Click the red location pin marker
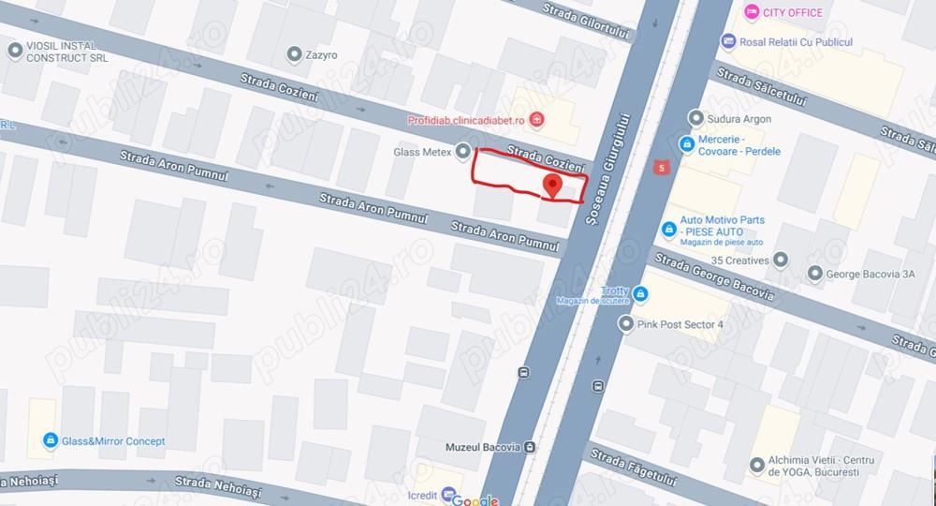coord(552,185)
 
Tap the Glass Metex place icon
coord(462,152)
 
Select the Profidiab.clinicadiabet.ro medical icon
coord(536,119)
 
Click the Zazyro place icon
coord(295,54)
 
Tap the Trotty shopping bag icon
coord(640,295)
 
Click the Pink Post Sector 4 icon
coord(626,324)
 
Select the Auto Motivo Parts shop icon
coord(668,229)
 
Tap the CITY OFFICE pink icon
coord(750,12)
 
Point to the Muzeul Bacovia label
coord(483,447)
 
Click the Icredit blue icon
coord(448,494)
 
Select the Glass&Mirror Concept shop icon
coord(49,440)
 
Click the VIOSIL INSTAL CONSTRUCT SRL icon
coord(14,51)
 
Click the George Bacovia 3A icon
coord(813,275)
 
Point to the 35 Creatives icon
coord(783,260)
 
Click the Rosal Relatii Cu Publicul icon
coord(728,42)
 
